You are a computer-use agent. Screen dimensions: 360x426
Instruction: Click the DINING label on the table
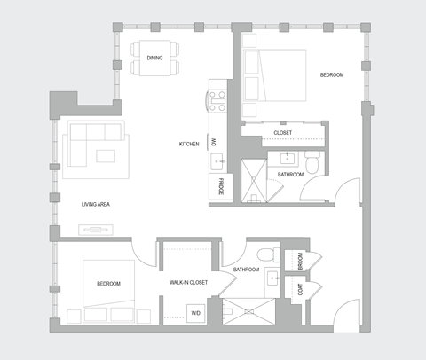pos(154,59)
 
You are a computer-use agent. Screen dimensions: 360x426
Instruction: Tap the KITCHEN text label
pos(189,143)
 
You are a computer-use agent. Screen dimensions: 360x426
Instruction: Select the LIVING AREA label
pos(95,205)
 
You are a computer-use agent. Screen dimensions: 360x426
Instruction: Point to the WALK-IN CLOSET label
pos(188,283)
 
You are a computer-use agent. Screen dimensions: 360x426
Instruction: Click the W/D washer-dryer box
pos(196,312)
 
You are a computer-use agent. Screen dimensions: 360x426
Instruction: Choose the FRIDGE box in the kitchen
pos(217,187)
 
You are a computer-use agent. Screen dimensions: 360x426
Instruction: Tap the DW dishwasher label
pos(214,142)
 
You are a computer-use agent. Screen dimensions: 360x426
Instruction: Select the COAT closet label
pos(302,290)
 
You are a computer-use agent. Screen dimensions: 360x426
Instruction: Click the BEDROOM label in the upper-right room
pos(331,75)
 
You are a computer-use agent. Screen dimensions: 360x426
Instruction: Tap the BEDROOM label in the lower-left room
pos(108,283)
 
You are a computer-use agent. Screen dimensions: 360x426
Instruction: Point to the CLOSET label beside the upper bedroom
pos(282,133)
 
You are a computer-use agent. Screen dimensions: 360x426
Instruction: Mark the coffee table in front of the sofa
pos(106,157)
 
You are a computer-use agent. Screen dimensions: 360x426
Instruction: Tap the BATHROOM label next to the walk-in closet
pos(246,269)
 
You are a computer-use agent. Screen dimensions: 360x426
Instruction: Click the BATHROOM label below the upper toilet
pos(290,175)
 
